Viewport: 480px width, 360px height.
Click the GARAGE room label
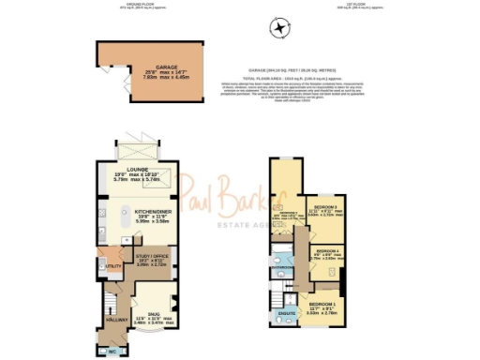(x=141, y=67)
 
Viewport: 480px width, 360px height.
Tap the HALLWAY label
(x=116, y=320)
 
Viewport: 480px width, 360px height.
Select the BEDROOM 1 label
(x=323, y=305)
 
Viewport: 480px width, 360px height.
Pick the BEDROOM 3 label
(x=325, y=205)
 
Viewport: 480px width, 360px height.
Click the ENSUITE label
(x=287, y=312)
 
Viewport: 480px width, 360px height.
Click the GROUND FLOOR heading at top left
(x=119, y=3)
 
